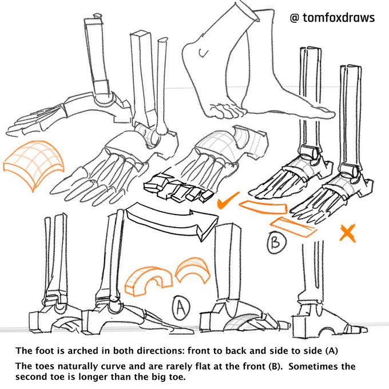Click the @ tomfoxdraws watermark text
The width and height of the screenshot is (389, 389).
(332, 18)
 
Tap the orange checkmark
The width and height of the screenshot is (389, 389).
(229, 201)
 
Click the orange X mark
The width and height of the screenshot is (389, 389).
(347, 233)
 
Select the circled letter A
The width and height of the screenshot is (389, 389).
(181, 308)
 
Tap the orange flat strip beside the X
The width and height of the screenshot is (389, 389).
(293, 227)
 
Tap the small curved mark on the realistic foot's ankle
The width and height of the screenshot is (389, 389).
(201, 53)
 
